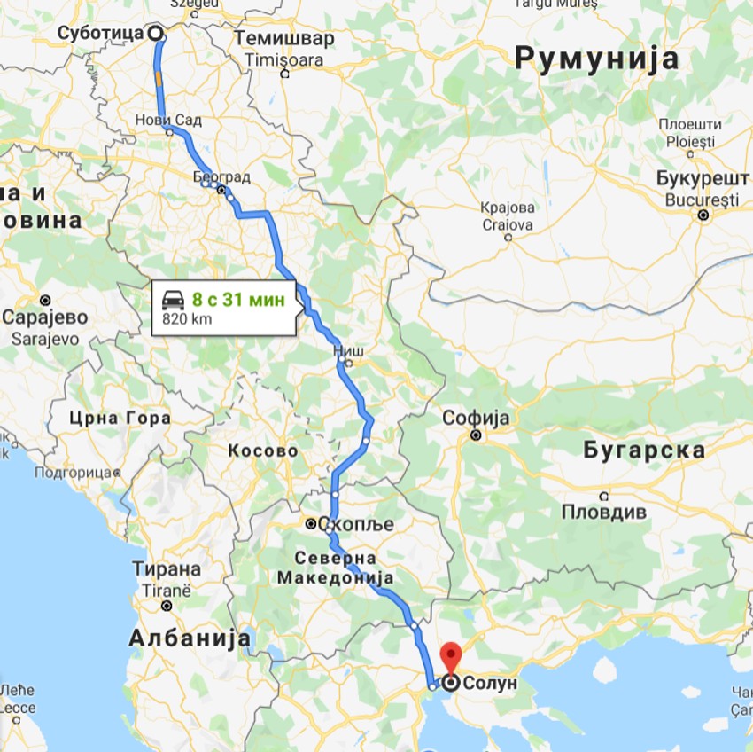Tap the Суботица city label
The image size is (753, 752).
coord(99,34)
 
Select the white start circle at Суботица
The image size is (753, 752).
coord(156,34)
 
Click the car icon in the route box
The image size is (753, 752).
coord(174,300)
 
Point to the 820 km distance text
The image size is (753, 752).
coord(186,319)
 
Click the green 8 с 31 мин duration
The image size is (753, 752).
coord(239,300)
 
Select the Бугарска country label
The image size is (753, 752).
coord(644,450)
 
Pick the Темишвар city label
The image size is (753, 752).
coord(284,38)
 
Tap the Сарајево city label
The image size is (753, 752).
coord(45,317)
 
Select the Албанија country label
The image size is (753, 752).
coord(190,638)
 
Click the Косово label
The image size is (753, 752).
coord(262,450)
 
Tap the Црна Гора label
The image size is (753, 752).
coord(120,418)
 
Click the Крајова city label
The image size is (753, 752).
coord(508,208)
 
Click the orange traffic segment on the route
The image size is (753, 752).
coord(159,79)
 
